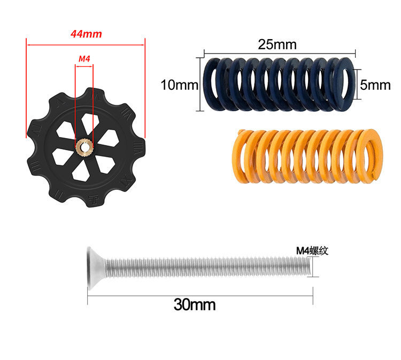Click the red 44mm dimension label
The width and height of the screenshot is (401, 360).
click(x=86, y=34)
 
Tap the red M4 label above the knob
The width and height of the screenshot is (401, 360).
click(x=84, y=59)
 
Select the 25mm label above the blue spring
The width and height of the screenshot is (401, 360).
click(x=277, y=44)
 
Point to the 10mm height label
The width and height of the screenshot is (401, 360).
click(x=179, y=85)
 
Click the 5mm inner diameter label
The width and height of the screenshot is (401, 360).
click(x=375, y=85)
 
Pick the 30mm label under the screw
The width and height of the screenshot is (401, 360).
click(x=195, y=304)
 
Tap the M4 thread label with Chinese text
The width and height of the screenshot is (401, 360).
click(x=312, y=251)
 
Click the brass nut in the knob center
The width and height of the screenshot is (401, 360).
click(x=84, y=147)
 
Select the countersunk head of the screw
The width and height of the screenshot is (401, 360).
click(x=95, y=269)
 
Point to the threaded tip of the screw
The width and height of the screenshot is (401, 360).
click(x=308, y=266)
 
